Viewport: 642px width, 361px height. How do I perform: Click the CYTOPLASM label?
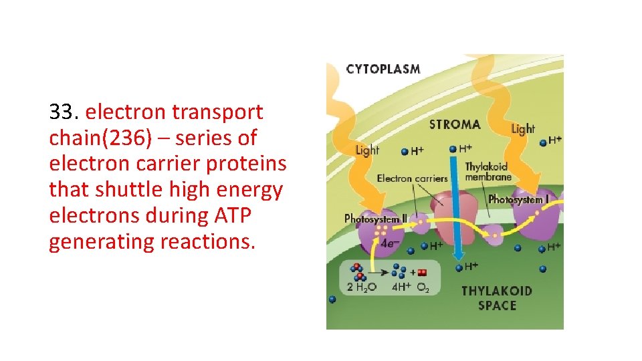383,69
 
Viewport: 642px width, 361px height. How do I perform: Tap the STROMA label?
455,124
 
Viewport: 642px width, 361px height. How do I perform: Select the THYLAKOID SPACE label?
497,298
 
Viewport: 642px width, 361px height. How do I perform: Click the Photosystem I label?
518,199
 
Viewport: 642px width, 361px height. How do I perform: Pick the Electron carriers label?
412,178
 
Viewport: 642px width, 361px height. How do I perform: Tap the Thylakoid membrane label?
488,171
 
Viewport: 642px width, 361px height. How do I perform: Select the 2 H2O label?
362,287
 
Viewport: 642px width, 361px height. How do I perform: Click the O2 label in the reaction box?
423,287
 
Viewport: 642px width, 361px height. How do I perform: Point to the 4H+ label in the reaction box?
401,287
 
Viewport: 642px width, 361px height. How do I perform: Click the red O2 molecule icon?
422,273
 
